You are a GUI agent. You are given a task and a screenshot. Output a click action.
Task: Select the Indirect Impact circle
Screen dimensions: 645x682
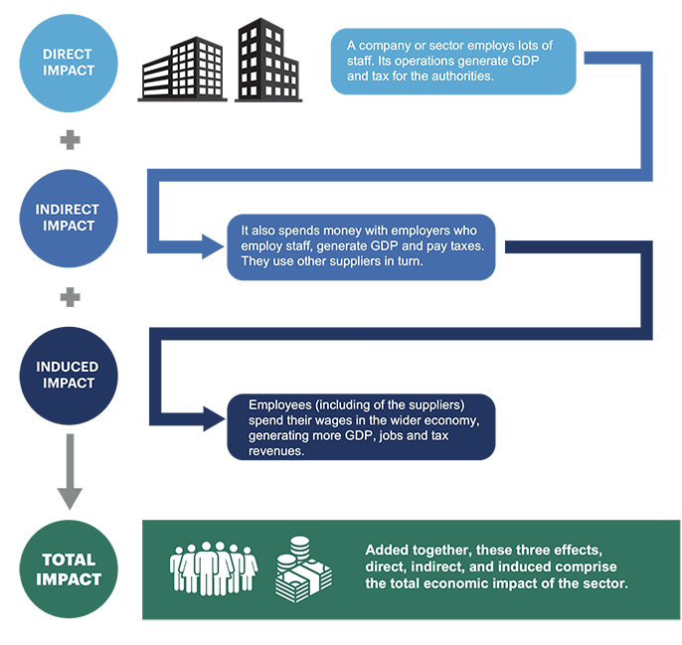click(x=69, y=218)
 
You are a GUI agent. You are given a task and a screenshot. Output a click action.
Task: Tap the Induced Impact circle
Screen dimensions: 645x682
click(x=69, y=375)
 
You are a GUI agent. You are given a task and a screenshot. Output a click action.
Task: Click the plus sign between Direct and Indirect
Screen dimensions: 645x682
click(x=69, y=140)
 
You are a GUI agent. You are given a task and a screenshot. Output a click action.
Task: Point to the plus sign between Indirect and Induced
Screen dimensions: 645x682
click(x=69, y=297)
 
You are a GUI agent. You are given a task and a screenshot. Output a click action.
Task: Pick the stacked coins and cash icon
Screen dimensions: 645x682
click(x=304, y=568)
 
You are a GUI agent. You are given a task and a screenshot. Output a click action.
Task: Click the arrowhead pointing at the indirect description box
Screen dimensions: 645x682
click(x=212, y=244)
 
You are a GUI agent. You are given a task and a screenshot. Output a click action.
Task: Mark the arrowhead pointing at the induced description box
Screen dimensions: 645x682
click(x=212, y=417)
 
